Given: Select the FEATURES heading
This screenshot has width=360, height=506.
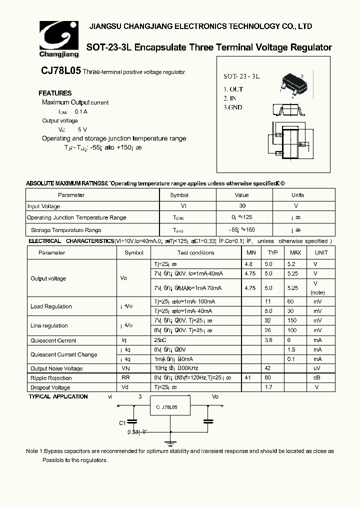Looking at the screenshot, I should coord(55,93).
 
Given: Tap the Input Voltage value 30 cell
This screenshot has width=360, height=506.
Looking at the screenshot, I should coord(241,206).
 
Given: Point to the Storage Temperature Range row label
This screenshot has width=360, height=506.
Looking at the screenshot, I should coord(66,230).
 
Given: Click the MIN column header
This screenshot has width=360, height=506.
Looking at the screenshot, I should coord(251,252).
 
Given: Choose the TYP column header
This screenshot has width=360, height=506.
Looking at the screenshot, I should coord(272,252).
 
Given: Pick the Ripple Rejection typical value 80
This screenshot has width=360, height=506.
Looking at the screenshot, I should coord(268,378).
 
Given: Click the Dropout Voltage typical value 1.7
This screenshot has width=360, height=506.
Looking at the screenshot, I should coord(268,387).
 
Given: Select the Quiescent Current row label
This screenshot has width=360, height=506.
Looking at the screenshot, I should coord(53,340).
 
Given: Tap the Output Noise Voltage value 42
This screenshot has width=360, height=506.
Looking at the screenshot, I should coord(268,368).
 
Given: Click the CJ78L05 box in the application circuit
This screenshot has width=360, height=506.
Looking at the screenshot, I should coord(170,407).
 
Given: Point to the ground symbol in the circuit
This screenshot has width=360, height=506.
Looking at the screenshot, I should coord(171,441).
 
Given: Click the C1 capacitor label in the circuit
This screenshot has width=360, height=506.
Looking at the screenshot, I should coord(122,423).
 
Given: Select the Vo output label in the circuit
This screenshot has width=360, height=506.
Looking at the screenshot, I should coord(215,396).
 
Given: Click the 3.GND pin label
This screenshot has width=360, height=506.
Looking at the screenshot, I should coord(233,107).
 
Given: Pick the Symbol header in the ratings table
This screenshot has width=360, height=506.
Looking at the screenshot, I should coord(179,195).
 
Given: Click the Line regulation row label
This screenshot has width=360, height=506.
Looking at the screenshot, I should coord(49,325).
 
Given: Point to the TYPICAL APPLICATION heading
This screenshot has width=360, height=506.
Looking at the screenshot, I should coord(58,396).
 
